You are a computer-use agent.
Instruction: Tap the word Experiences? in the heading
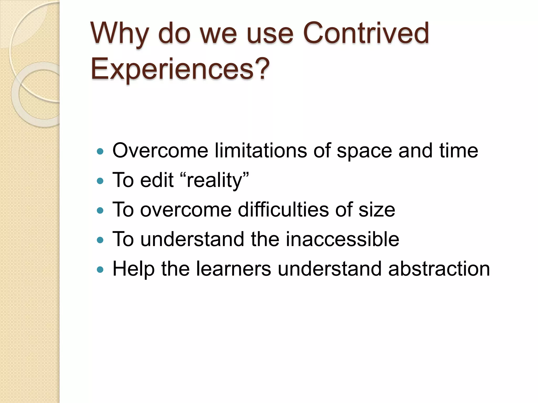pos(180,69)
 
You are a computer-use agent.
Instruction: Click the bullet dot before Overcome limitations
pos(100,151)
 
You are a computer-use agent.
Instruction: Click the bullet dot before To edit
pos(100,181)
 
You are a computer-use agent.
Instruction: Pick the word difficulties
pos(283,210)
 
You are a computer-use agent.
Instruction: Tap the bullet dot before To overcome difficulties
pos(100,210)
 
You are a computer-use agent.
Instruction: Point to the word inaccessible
pos(342,239)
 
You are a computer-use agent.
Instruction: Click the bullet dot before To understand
pos(100,240)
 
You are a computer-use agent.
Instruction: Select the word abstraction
pos(439,269)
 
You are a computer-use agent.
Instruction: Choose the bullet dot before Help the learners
pos(100,269)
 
